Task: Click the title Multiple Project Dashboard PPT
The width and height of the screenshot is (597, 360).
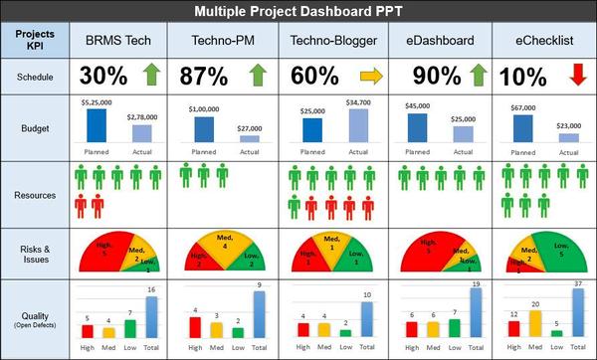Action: pyautogui.click(x=298, y=11)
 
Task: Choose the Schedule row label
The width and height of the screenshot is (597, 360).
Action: pyautogui.click(x=36, y=76)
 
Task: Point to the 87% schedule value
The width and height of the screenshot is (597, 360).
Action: pyautogui.click(x=205, y=77)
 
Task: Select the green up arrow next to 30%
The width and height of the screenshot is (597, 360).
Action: pyautogui.click(x=152, y=76)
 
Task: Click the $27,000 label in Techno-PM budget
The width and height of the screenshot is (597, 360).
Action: pyautogui.click(x=248, y=127)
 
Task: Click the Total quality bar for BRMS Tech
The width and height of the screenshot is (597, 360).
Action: pyautogui.click(x=151, y=319)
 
